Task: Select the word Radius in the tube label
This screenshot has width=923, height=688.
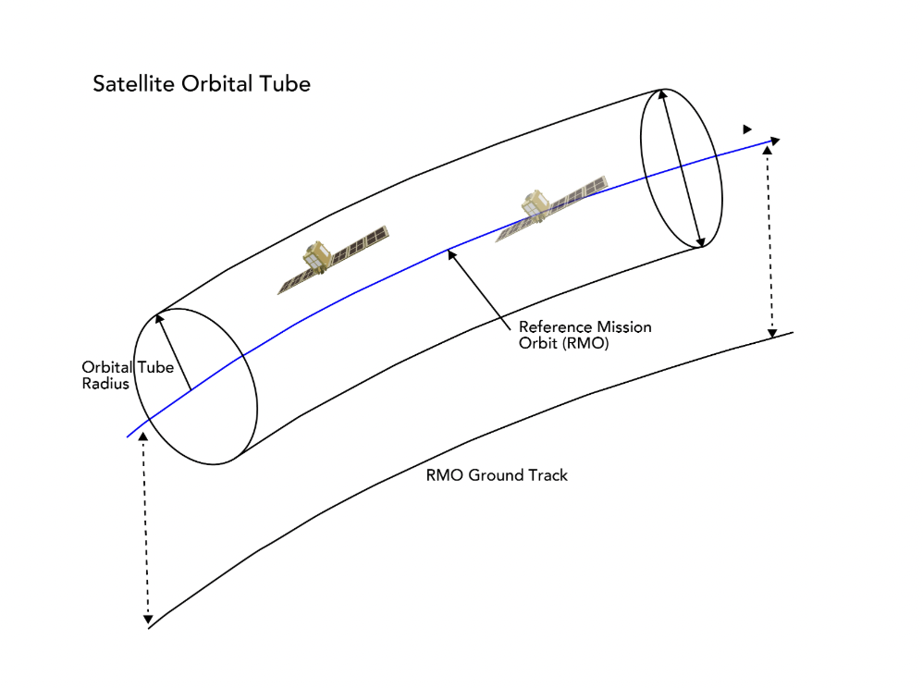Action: pyautogui.click(x=105, y=384)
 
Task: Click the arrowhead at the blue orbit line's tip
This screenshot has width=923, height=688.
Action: pyautogui.click(x=774, y=141)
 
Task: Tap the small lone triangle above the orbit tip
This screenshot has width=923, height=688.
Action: pyautogui.click(x=747, y=129)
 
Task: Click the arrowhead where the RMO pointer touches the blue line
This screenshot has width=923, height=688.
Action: pyautogui.click(x=451, y=252)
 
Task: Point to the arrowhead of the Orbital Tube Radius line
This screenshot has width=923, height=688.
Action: pyautogui.click(x=159, y=320)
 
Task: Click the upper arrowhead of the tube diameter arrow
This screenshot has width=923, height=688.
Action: pyautogui.click(x=663, y=94)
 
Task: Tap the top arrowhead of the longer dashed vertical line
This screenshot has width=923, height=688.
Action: pyautogui.click(x=142, y=435)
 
